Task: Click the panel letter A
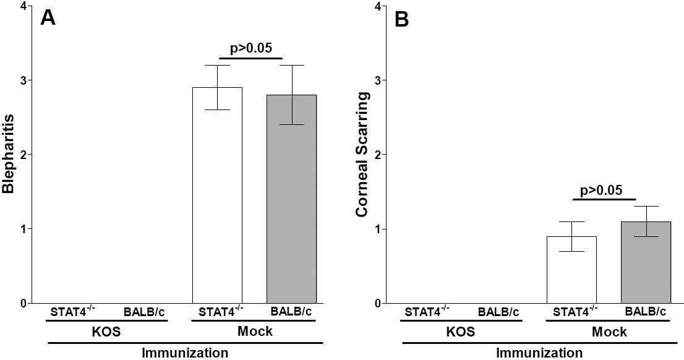coord(49,18)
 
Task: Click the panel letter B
coord(402,19)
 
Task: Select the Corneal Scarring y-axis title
coord(363,154)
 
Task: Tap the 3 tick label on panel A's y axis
coord(23,80)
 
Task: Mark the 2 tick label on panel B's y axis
coord(377,155)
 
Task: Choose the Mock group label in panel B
coord(610,332)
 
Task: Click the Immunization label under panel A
coord(185,353)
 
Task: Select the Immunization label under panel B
coord(539,353)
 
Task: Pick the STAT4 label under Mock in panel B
coord(571,311)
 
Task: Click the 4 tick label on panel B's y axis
coord(377,7)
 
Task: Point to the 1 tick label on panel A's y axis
coord(23,229)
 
